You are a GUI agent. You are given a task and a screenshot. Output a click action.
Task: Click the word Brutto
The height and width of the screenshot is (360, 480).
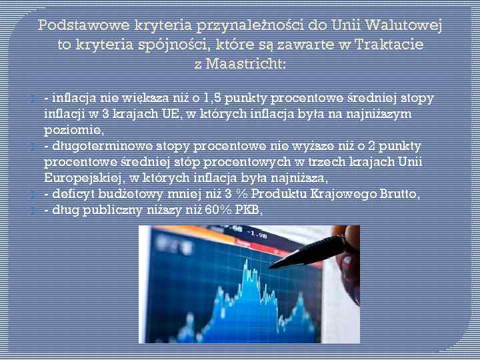(397, 194)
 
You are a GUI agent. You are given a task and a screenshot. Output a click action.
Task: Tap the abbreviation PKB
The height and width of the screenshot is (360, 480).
(247, 210)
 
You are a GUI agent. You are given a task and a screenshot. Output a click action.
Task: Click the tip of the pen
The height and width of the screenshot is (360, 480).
(269, 266)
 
